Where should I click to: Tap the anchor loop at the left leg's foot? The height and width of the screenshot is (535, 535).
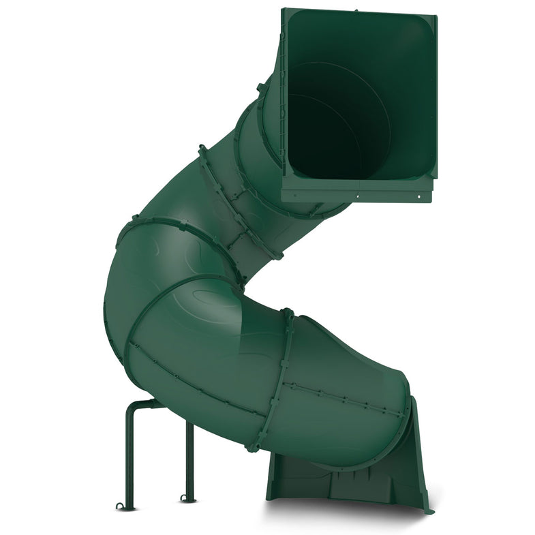[x=122, y=506]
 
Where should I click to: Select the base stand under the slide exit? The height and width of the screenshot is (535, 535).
[x=348, y=477]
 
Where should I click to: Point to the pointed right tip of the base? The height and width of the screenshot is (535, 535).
[x=428, y=510]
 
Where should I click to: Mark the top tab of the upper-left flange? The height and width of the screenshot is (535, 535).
[x=202, y=149]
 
